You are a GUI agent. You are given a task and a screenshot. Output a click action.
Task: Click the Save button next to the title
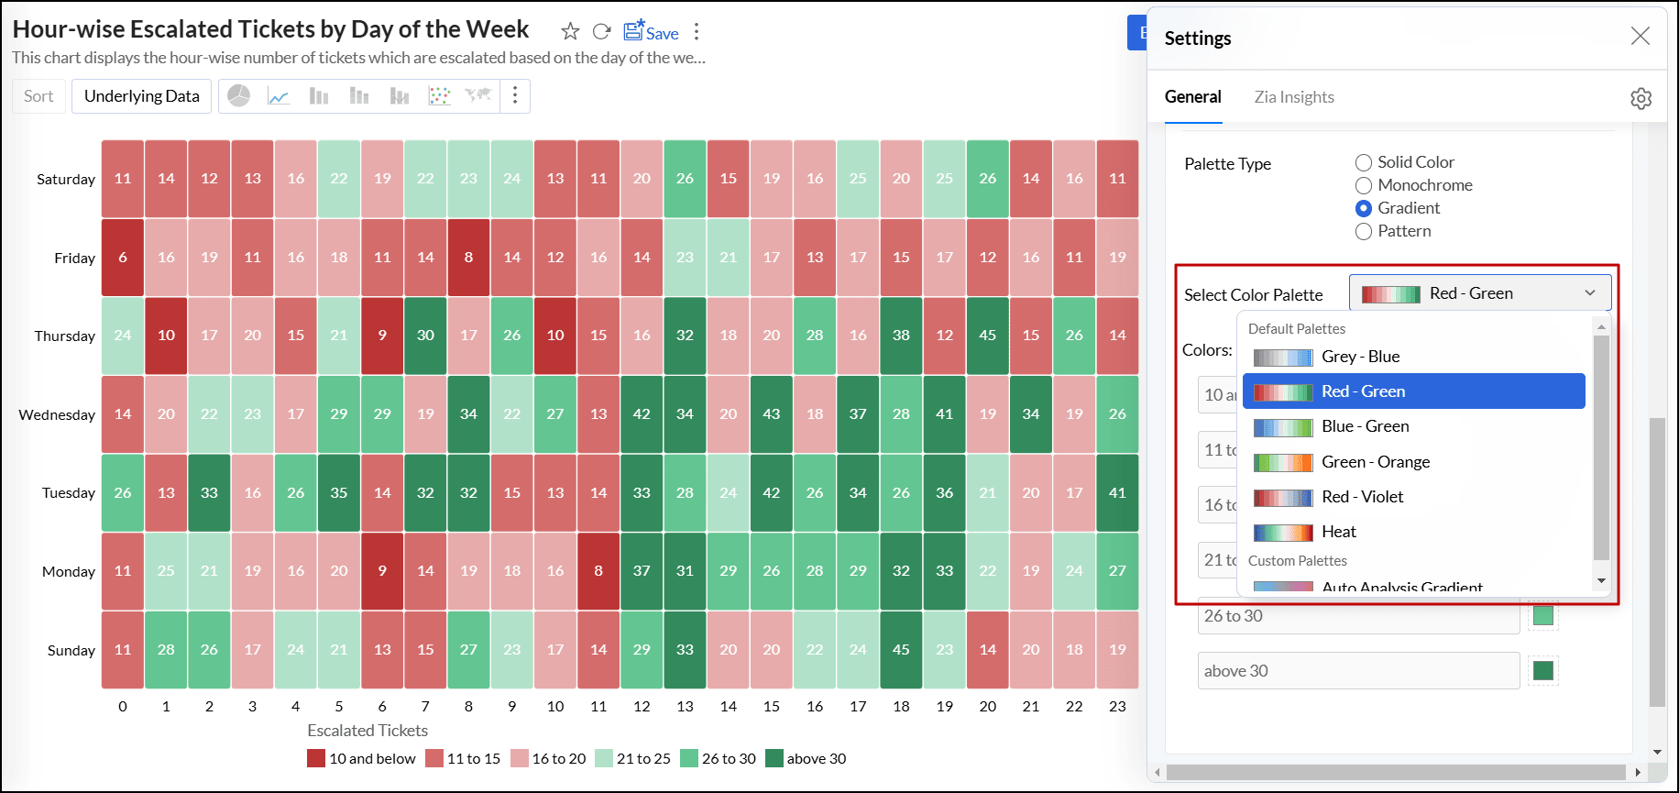[652, 32]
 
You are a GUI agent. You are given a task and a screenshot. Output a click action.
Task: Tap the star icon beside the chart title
[570, 32]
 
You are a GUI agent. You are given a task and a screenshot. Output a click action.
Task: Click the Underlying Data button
[142, 96]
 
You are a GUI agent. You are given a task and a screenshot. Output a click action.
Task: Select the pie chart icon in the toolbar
[239, 96]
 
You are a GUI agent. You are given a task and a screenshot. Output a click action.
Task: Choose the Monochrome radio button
[1364, 185]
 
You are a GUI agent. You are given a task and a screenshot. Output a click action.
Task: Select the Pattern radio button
[1364, 231]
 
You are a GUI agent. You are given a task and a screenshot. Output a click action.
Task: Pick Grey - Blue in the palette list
[1360, 357]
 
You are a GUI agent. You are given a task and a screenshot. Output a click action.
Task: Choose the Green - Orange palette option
[1375, 462]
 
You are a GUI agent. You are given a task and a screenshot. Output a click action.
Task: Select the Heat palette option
[1338, 532]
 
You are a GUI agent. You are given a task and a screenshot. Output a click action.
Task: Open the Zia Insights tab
[1294, 97]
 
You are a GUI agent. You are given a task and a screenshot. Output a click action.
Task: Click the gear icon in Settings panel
[1641, 98]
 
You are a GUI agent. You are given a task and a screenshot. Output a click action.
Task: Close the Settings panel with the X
[1640, 36]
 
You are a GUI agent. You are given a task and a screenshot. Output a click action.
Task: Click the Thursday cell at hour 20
[987, 336]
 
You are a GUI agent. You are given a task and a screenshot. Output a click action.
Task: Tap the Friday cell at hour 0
[123, 258]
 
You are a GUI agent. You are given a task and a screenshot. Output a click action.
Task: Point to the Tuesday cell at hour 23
[1117, 493]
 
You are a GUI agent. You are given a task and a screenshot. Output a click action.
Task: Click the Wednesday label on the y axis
[57, 415]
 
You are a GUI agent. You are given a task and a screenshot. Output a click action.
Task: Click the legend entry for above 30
[807, 759]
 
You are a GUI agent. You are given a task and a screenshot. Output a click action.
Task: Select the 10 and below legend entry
[362, 759]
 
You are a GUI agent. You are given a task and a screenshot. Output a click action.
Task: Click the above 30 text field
[1357, 671]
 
